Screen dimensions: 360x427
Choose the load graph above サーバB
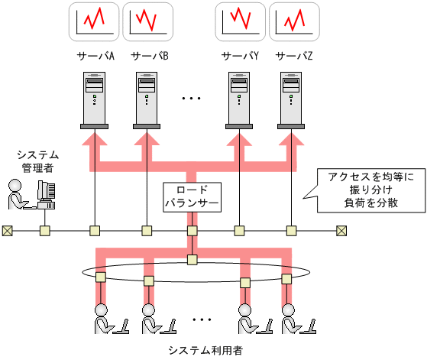[x=147, y=21]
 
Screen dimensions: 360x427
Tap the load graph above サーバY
[x=240, y=21]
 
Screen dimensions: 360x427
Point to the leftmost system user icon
[x=106, y=320]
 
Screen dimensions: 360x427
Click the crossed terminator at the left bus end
[x=7, y=229]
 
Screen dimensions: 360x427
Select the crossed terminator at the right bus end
[x=341, y=229]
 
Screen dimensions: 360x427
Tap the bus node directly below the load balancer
[x=192, y=229]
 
